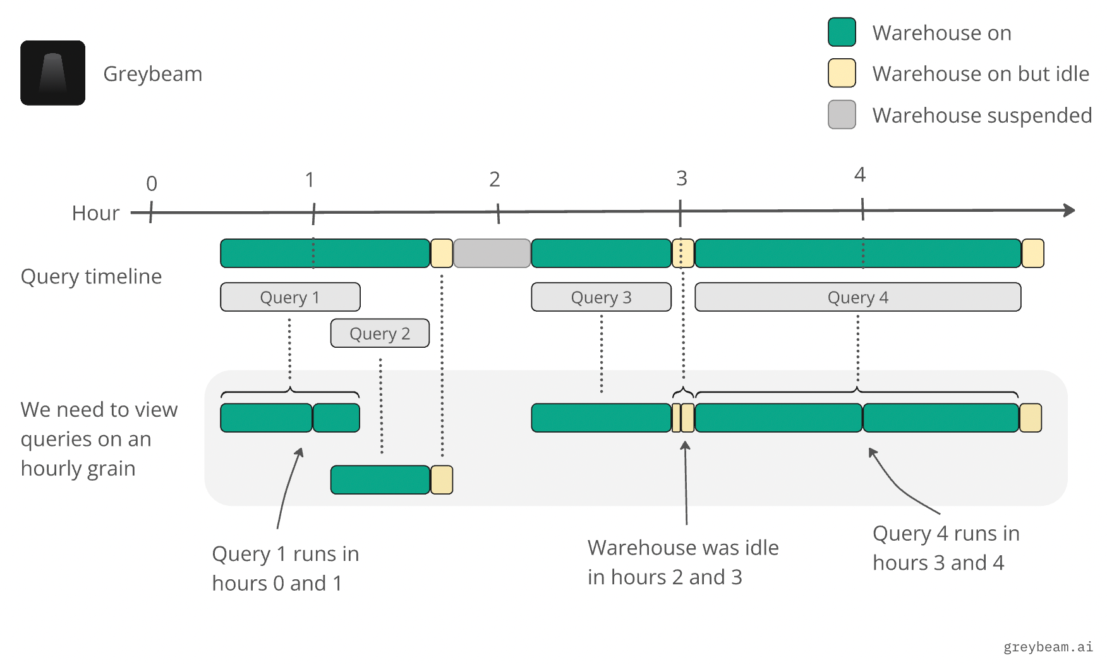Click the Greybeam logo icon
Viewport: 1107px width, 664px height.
[x=52, y=73]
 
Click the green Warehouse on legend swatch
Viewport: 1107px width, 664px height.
[x=842, y=32]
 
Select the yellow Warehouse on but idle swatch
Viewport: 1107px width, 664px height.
[x=842, y=73]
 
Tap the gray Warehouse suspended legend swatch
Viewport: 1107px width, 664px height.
[x=842, y=114]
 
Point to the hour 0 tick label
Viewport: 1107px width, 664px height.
[x=152, y=183]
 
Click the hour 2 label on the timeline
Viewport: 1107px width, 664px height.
[x=494, y=180]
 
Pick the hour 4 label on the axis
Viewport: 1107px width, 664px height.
[x=859, y=175]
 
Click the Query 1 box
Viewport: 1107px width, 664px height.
[x=290, y=297]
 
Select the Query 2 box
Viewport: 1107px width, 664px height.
[x=380, y=333]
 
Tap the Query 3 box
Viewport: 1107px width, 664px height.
[x=601, y=297]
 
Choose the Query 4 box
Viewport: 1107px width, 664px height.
[x=857, y=297]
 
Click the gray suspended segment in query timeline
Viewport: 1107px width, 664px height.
[x=492, y=253]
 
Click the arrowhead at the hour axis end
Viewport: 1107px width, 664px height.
[x=1069, y=210]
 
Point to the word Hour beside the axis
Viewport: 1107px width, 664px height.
[x=95, y=213]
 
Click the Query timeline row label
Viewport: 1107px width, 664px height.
[x=91, y=276]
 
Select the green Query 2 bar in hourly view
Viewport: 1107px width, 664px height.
[x=380, y=479]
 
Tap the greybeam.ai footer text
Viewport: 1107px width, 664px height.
[x=1048, y=646]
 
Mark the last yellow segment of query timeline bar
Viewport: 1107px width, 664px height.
[x=1032, y=253]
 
